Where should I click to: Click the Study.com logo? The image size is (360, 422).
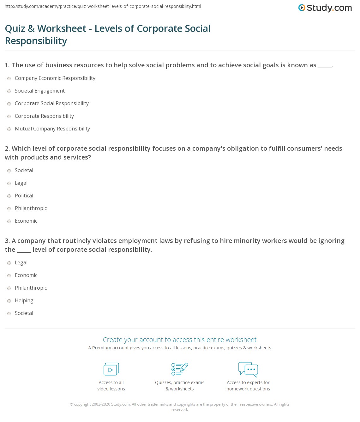point(325,8)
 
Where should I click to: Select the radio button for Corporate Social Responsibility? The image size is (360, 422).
point(9,104)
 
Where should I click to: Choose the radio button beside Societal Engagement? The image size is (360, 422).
point(9,91)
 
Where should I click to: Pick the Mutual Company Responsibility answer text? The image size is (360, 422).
point(52,129)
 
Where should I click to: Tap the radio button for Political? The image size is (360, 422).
point(9,196)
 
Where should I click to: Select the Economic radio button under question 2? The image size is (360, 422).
point(9,221)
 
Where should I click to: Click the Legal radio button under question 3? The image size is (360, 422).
point(9,263)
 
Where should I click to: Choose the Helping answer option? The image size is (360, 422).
point(24,301)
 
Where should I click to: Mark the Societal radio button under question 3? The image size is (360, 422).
point(9,314)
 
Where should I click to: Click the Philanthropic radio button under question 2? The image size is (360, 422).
point(9,209)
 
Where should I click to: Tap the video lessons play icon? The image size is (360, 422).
point(111,369)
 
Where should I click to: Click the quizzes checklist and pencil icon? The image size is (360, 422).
point(180,369)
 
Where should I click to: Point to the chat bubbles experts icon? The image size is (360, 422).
point(248,369)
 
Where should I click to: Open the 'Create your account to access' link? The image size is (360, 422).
point(180,340)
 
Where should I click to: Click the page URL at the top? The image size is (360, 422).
point(103,6)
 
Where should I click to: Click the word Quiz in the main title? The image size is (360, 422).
point(15,29)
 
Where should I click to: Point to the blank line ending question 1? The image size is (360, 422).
point(325,66)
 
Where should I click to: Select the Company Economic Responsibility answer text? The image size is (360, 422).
point(55,78)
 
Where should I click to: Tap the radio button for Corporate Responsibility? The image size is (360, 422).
point(9,117)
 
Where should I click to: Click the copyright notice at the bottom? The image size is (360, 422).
point(180,407)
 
